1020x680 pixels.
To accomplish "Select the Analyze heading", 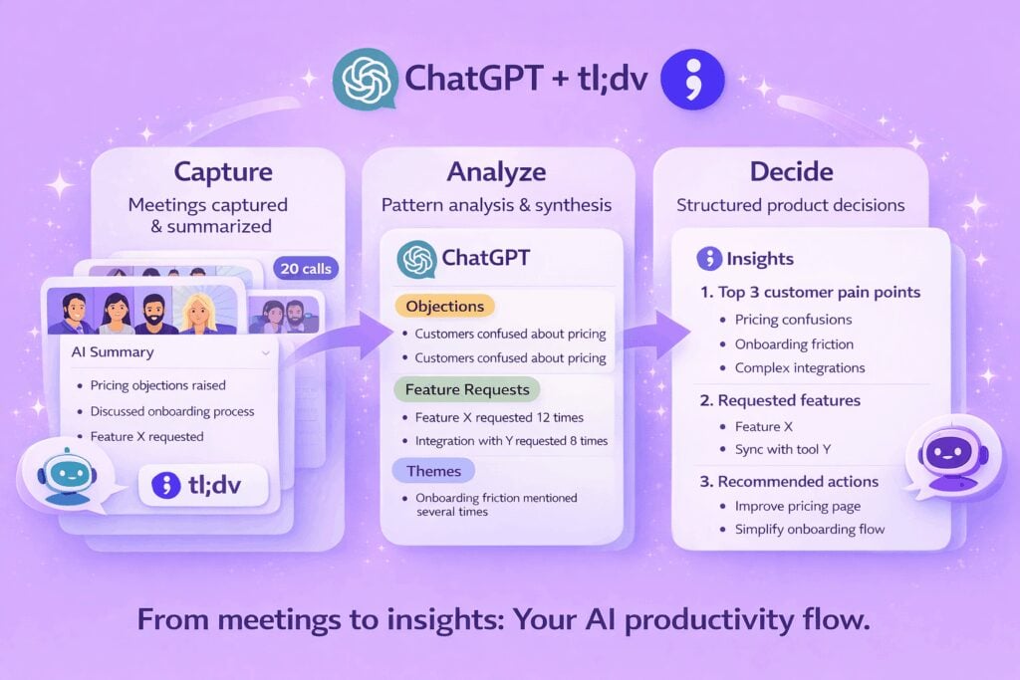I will coord(497,171).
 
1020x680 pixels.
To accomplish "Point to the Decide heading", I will coord(790,171).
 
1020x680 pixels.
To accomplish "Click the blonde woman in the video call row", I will coord(206,311).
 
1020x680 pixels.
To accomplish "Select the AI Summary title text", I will coord(113,352).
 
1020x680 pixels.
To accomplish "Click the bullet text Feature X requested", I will coord(146,436).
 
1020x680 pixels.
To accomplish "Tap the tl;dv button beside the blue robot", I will coord(203,485).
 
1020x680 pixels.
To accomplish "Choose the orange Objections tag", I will coord(444,307).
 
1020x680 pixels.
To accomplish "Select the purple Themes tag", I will coord(433,470).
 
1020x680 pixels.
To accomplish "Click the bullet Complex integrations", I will coord(800,368).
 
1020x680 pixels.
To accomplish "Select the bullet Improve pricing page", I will coord(797,506).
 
